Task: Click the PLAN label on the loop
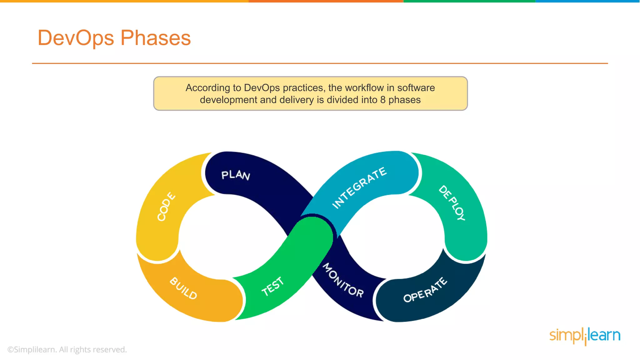[236, 175]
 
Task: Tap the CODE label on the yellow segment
[166, 207]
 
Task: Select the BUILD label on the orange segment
[183, 288]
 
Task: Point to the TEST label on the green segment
[273, 286]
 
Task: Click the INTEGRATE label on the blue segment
[359, 187]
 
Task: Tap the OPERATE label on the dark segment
[425, 290]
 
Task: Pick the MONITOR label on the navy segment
[343, 280]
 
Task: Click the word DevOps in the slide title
[76, 38]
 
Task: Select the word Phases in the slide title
[156, 38]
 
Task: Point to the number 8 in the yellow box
[383, 100]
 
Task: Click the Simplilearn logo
[585, 336]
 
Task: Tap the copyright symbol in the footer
[11, 350]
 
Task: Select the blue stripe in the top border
[587, 1]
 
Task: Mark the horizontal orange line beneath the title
[320, 63]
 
